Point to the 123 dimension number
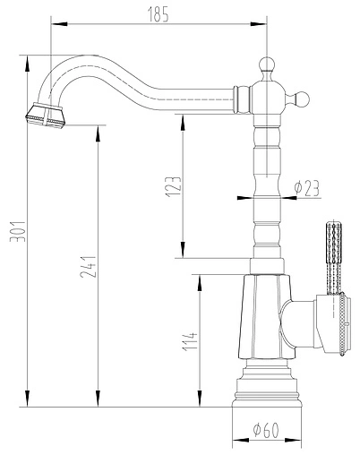[174, 185]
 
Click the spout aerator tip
[44, 114]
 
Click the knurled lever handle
[330, 255]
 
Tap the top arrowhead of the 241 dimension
[98, 128]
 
